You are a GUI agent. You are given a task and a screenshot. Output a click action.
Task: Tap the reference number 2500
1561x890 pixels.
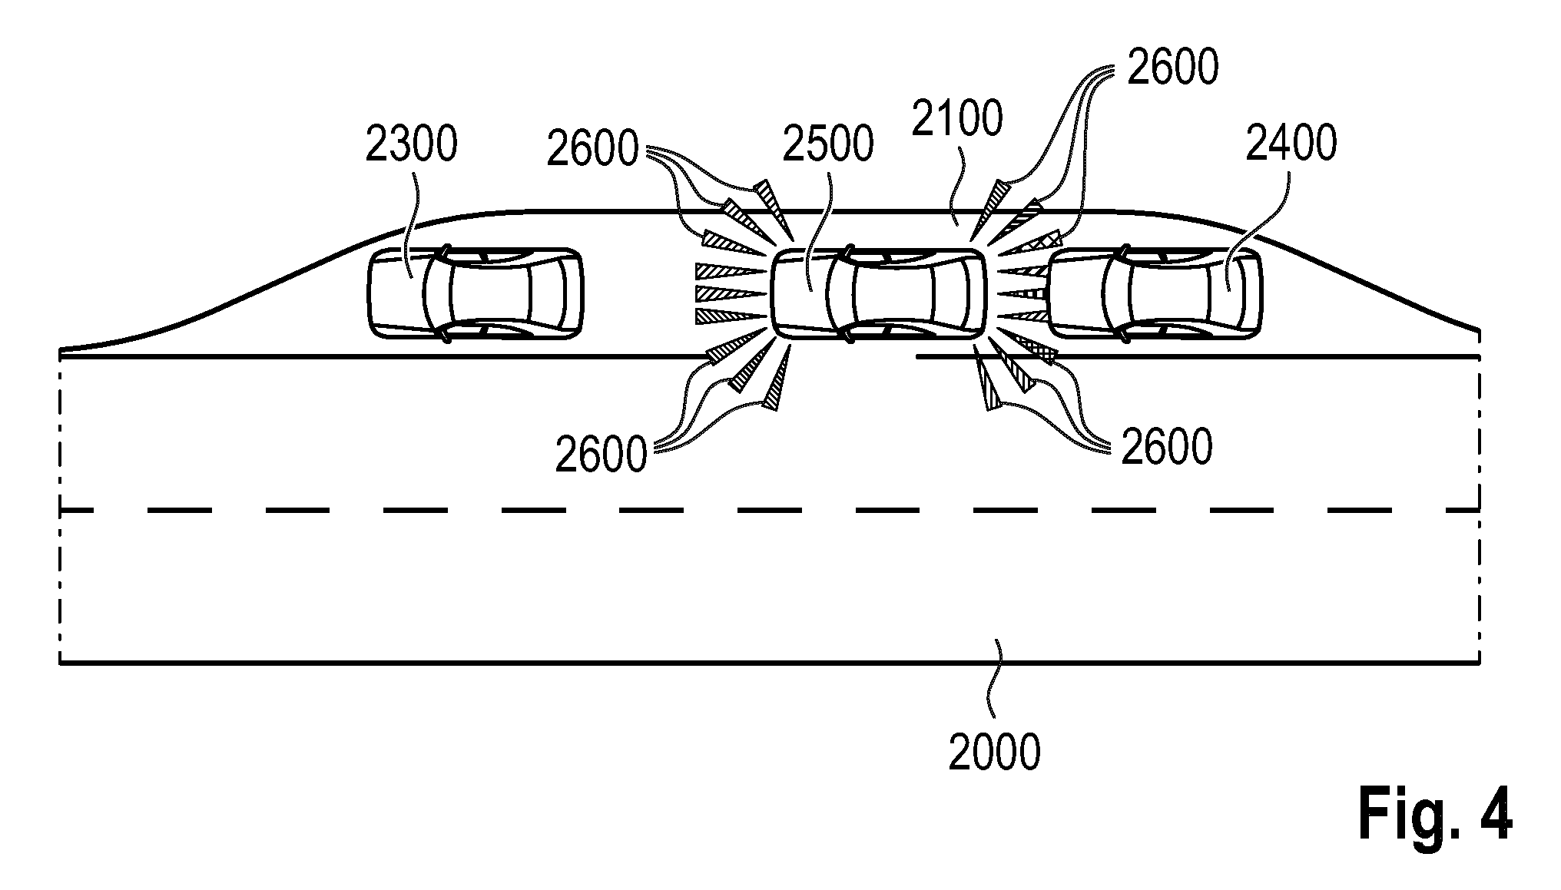(827, 144)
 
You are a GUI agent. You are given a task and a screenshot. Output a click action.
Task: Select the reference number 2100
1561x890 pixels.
(956, 119)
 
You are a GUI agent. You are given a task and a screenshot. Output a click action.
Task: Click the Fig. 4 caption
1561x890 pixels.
(1435, 814)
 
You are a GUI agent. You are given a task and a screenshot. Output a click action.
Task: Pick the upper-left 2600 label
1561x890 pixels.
(592, 148)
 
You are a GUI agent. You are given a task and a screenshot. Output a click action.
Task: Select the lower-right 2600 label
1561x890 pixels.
(1167, 447)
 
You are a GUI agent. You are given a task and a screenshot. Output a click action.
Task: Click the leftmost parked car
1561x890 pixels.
(475, 293)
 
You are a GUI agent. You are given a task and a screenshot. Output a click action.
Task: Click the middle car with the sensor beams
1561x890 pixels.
(878, 293)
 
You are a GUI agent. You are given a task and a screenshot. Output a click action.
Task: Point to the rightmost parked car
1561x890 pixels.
(1155, 293)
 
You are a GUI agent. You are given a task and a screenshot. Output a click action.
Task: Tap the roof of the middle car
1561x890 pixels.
(891, 293)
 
